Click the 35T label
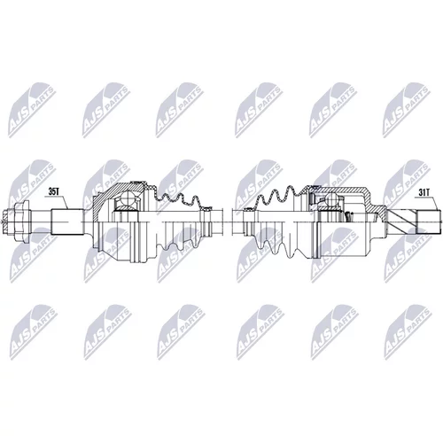pos(54,192)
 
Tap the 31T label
pos(424,192)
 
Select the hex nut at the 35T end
pos(21,221)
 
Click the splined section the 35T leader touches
pos(67,221)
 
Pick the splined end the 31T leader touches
pos(427,221)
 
